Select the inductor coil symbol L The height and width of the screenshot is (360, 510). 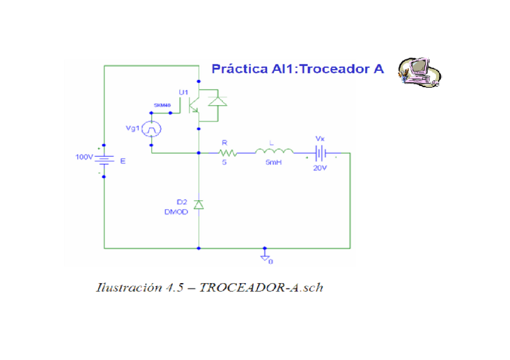coord(274,152)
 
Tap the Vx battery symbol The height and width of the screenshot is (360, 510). coord(321,153)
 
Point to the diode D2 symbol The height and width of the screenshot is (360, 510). coord(199,205)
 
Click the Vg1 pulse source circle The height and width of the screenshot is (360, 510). coord(152,129)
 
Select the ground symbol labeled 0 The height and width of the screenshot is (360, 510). coord(264,257)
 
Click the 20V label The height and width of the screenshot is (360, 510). coord(319,168)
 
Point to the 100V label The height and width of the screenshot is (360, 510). coord(84,157)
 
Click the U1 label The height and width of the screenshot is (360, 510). coord(183,92)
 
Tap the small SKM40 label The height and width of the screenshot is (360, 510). coord(162,105)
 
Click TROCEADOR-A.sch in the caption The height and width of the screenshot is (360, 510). coord(261,287)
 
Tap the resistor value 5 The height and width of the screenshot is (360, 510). coord(224,163)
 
